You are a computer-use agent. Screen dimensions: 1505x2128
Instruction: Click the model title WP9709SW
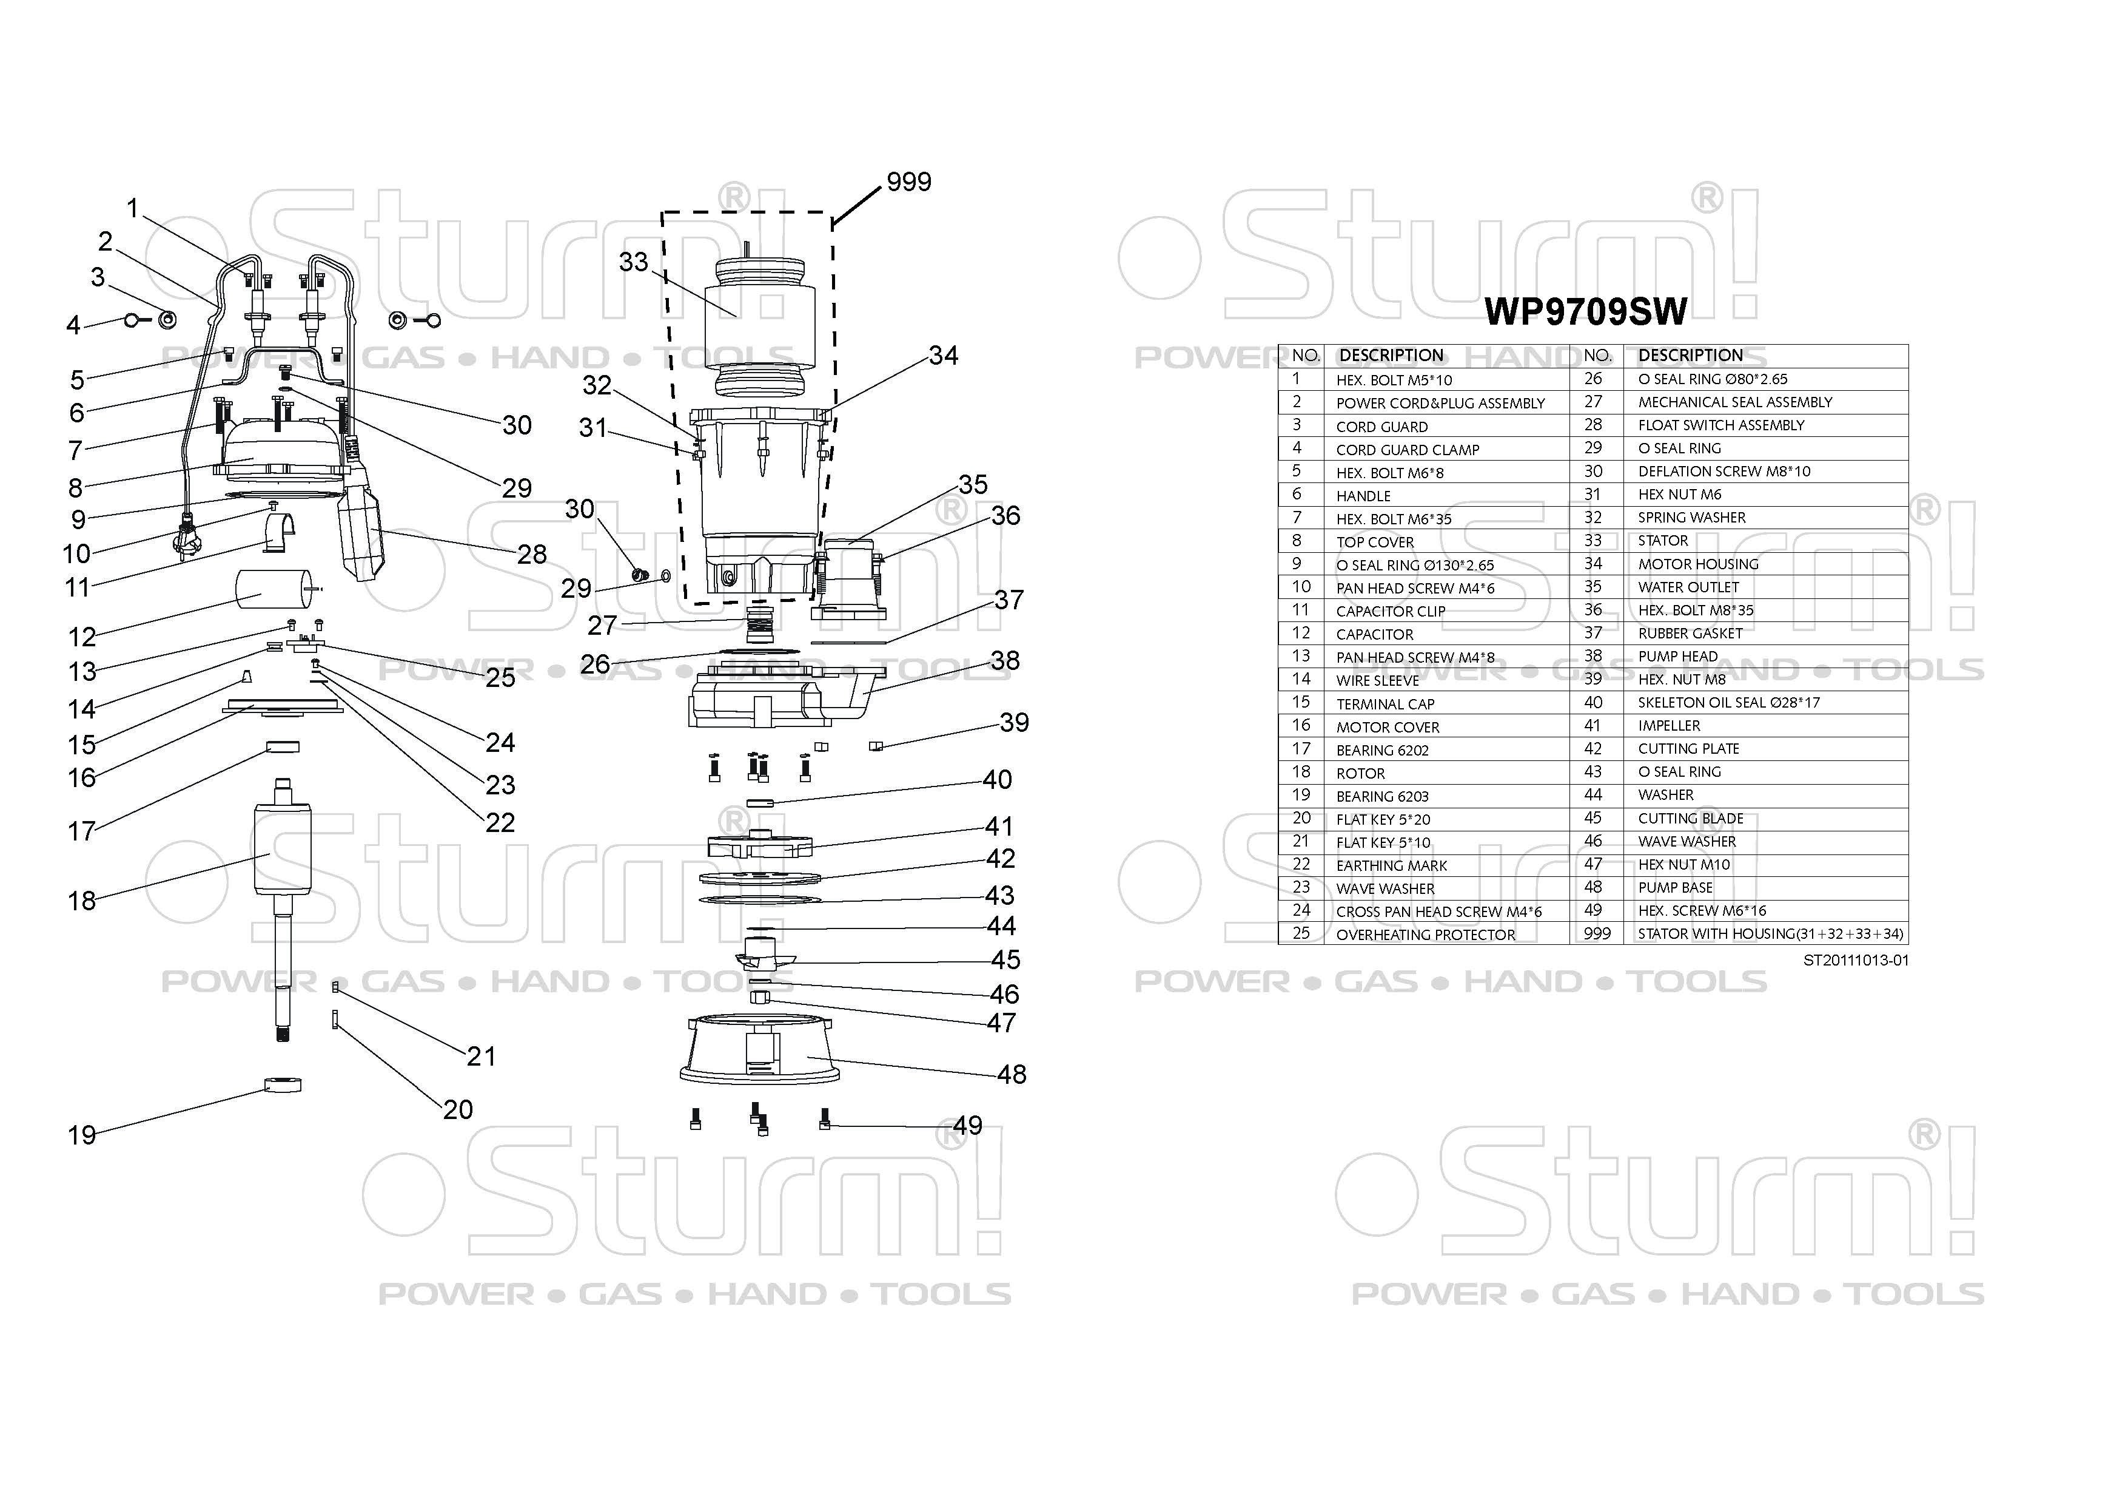click(x=1585, y=311)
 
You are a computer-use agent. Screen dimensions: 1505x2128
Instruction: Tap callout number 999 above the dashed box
click(x=908, y=181)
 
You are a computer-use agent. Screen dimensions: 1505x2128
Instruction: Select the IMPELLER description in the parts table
click(x=1668, y=726)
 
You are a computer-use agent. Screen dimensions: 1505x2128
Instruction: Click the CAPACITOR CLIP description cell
click(x=1390, y=611)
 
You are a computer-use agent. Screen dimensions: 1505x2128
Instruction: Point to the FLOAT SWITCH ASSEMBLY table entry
click(x=1720, y=425)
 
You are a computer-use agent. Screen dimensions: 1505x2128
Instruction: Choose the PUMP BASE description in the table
click(x=1675, y=887)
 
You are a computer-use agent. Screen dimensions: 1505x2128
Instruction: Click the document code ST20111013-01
click(x=1856, y=961)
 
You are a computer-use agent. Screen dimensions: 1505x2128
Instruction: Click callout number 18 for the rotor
click(x=81, y=901)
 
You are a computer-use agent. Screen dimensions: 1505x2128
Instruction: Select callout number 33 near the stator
click(x=633, y=262)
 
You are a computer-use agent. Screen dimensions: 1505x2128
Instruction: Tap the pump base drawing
click(x=760, y=1052)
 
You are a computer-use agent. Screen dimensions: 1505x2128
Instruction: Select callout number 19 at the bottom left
click(x=81, y=1135)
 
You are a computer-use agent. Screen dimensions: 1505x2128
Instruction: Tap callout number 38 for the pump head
click(x=1005, y=660)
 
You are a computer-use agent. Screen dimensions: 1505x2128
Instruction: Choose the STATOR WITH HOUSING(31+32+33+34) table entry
click(x=1770, y=934)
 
